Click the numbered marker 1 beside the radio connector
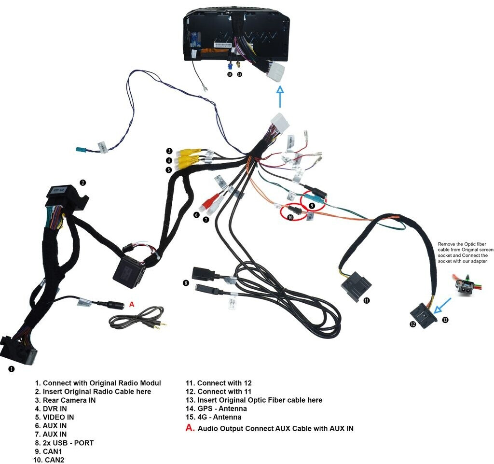[12, 369]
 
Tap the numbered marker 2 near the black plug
[83, 183]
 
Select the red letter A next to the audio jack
[132, 304]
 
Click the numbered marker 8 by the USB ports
[185, 283]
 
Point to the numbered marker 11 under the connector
[367, 300]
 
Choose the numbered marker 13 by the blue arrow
[445, 319]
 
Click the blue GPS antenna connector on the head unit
[231, 65]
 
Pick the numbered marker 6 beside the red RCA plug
[196, 215]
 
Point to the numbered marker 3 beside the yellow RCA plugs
[169, 151]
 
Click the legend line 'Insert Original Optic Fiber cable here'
[260, 400]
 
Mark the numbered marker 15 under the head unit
[239, 75]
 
